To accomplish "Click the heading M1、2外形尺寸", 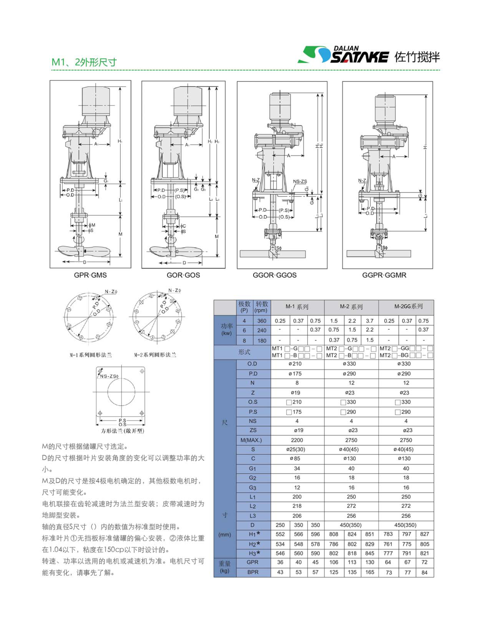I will click(x=84, y=62).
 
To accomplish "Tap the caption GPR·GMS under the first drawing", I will click(x=90, y=275).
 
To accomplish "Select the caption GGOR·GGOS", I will click(x=275, y=275).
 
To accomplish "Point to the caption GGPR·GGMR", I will click(x=384, y=275).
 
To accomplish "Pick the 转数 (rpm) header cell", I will click(x=261, y=307).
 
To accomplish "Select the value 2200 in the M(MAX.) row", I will click(x=297, y=440).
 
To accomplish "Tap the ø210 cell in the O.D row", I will click(x=295, y=364).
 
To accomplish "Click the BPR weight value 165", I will click(x=370, y=572).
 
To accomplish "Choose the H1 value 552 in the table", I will click(x=280, y=534).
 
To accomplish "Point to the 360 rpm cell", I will click(x=261, y=321).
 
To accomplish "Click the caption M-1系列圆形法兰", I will click(x=91, y=355).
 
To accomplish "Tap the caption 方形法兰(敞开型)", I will click(x=123, y=431).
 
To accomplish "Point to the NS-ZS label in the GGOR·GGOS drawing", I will click(x=300, y=181).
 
